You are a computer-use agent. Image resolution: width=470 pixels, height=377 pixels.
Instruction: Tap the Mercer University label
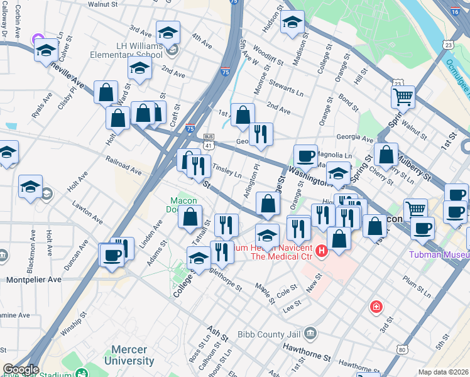[129, 355]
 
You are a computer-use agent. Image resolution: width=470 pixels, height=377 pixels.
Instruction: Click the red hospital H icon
[322, 252]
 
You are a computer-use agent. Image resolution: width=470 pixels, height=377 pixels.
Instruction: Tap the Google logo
[20, 369]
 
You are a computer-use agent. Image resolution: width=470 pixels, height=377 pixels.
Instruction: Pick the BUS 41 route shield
[209, 141]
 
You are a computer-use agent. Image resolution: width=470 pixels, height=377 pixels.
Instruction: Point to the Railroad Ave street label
[124, 165]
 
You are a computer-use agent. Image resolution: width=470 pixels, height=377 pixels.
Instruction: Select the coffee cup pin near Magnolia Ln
[306, 156]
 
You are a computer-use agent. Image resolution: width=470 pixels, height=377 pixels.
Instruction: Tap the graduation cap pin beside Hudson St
[292, 23]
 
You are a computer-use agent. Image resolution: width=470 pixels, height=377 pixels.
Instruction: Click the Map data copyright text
[444, 372]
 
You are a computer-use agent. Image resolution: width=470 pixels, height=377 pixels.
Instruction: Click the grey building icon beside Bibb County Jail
[310, 333]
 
